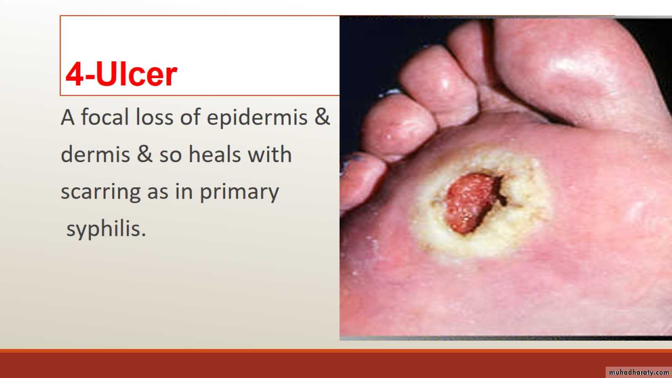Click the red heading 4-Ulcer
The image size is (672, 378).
[121, 74]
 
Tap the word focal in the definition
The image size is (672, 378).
[105, 117]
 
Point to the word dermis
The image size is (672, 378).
[95, 154]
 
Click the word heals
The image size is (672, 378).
[215, 154]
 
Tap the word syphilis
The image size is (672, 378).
[106, 229]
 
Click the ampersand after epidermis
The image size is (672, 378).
[322, 117]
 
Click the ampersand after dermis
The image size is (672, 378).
[144, 154]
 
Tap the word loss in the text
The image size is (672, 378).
[155, 117]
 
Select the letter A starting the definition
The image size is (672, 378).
[68, 117]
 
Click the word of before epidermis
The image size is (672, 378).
[190, 117]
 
